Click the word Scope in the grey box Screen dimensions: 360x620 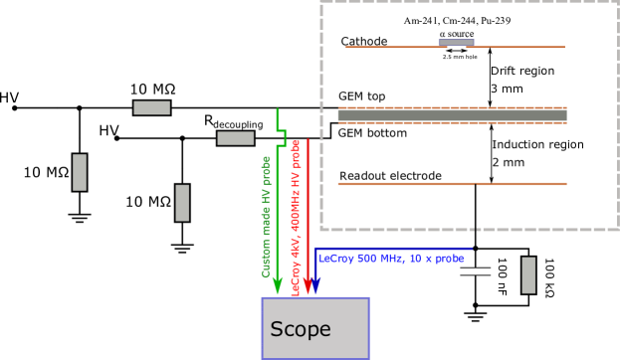(301, 329)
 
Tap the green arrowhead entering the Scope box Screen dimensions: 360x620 (278, 286)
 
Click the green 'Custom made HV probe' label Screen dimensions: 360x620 (266, 217)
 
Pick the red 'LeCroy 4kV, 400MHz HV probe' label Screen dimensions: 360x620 (296, 217)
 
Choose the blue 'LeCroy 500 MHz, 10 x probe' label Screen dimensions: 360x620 (391, 259)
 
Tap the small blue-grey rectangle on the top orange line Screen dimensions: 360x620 (456, 43)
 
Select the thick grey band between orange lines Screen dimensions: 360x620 (452, 115)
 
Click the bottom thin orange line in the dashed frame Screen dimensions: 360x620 (452, 184)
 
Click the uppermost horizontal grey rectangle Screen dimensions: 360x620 (151, 107)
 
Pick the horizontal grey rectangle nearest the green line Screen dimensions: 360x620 (235, 138)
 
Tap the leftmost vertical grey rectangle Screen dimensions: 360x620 (80, 172)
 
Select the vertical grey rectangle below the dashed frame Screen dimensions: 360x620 (528, 274)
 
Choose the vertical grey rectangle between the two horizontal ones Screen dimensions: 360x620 (182, 203)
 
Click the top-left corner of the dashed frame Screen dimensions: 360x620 (321, 3)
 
